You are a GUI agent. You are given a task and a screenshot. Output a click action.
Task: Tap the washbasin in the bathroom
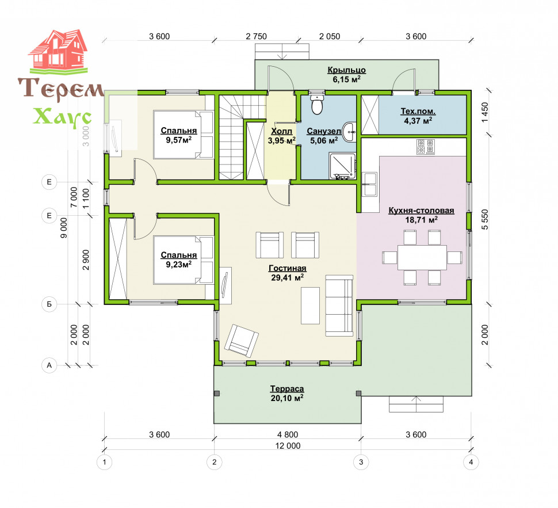click(349, 132)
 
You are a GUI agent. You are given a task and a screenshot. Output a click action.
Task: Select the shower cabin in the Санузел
click(343, 166)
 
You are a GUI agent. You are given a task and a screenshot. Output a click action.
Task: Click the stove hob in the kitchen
click(426, 147)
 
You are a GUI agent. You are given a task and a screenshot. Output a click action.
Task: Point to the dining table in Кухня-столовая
click(422, 257)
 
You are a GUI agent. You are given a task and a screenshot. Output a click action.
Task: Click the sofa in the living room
click(339, 305)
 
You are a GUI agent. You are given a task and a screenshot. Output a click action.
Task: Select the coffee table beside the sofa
click(310, 306)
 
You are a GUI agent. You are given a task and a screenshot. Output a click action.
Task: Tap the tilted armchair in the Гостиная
click(242, 340)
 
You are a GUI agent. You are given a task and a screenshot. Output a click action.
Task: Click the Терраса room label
click(287, 389)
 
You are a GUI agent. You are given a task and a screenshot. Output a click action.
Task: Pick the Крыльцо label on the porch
click(347, 70)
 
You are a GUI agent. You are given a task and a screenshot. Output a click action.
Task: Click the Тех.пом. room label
click(418, 111)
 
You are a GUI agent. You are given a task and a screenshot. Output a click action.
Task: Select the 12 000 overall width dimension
click(288, 446)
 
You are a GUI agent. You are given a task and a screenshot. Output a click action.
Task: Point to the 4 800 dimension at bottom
click(288, 434)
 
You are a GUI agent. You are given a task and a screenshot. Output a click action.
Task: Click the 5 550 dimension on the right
click(485, 219)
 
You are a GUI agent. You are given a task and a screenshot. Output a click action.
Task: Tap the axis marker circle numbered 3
click(361, 462)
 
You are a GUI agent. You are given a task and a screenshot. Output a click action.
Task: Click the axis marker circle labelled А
click(49, 365)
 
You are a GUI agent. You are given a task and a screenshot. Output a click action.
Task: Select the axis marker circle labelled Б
click(49, 304)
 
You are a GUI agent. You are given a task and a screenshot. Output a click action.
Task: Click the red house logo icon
click(58, 51)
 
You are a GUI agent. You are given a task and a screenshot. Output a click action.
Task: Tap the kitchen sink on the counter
click(370, 185)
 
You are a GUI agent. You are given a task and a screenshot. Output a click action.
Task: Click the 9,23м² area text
click(179, 265)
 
